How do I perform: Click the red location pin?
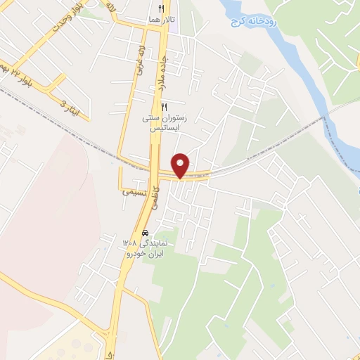point(181,165)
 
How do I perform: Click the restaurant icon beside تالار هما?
point(162,9)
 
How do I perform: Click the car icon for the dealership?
point(145,232)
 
